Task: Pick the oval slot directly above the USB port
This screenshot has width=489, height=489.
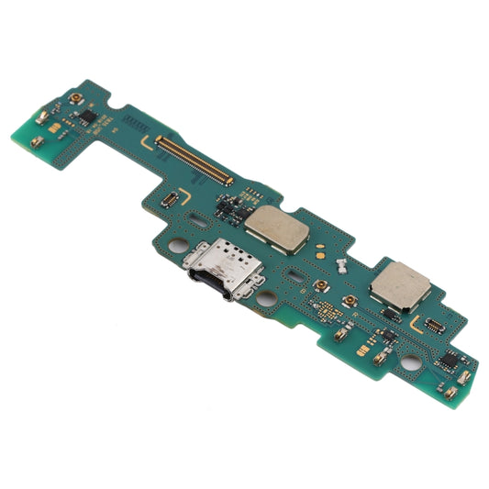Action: [x=200, y=220]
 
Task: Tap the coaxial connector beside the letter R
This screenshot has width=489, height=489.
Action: [x=350, y=302]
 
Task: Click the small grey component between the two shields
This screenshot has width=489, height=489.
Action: [x=338, y=265]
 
